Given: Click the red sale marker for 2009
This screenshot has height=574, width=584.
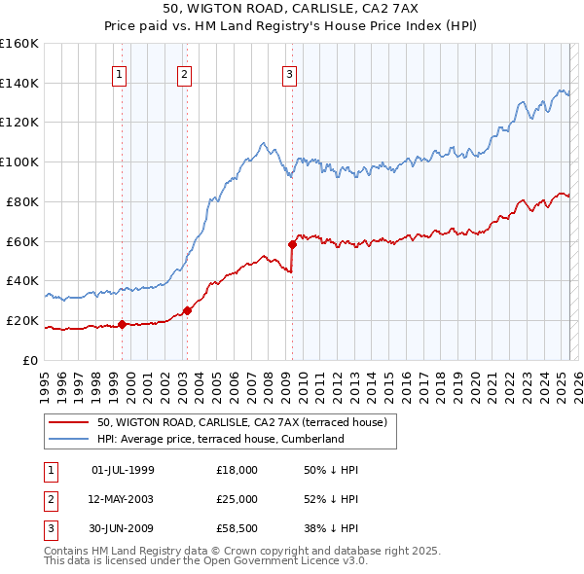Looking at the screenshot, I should (292, 244).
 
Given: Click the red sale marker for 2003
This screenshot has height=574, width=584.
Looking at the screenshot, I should (187, 310).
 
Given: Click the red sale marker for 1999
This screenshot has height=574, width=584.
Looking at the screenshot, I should (122, 324).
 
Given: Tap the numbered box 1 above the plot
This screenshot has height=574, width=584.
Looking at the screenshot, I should (119, 74).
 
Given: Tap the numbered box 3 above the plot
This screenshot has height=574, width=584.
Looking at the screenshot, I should (290, 74).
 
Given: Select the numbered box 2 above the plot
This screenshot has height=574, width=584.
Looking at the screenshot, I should (184, 74).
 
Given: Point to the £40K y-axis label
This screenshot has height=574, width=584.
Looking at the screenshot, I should (22, 280).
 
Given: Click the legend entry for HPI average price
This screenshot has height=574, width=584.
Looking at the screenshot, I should (221, 439).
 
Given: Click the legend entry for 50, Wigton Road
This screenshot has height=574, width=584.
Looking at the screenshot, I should (242, 422).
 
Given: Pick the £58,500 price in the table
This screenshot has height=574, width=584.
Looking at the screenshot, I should (237, 530).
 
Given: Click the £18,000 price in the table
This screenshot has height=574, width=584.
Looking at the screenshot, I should (237, 470).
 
